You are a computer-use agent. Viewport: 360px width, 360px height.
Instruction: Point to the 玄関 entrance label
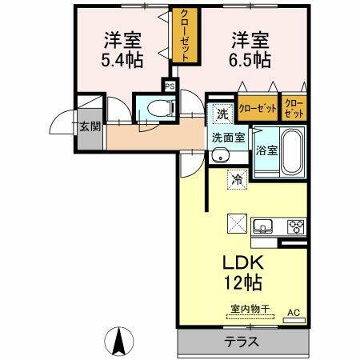(x=88, y=126)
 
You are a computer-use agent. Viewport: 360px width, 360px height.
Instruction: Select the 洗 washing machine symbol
(x=222, y=114)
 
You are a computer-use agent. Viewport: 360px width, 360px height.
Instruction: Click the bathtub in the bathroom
(x=289, y=150)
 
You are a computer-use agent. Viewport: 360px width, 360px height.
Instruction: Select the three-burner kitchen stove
(x=296, y=225)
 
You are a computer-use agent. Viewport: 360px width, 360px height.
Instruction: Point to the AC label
(x=293, y=312)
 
